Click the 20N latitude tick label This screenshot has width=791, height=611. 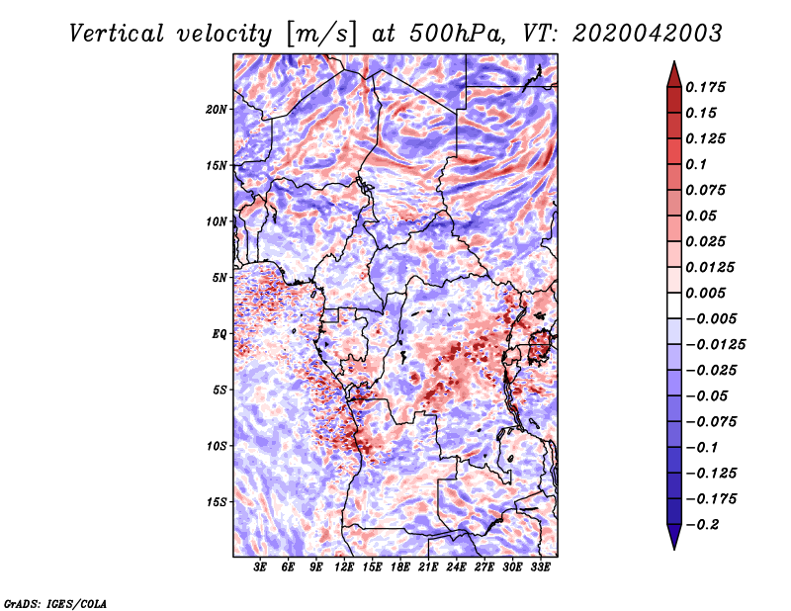pyautogui.click(x=216, y=110)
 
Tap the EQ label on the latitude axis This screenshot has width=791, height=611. pyautogui.click(x=220, y=334)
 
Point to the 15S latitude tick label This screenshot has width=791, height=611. pyautogui.click(x=216, y=502)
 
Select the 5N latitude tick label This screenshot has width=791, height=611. pyautogui.click(x=220, y=278)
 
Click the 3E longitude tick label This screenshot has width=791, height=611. pyautogui.click(x=260, y=567)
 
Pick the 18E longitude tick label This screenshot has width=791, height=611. pyautogui.click(x=400, y=567)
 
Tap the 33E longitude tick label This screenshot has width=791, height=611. pyautogui.click(x=540, y=567)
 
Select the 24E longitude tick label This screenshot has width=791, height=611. pyautogui.click(x=456, y=567)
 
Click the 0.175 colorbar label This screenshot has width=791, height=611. pyautogui.click(x=705, y=87)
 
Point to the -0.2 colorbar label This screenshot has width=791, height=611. pyautogui.click(x=702, y=525)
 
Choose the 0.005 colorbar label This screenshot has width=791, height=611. pyautogui.click(x=705, y=293)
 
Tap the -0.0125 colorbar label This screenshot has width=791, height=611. pyautogui.click(x=715, y=345)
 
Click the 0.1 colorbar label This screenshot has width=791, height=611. pyautogui.click(x=696, y=164)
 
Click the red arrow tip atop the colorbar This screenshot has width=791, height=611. pyautogui.click(x=674, y=61)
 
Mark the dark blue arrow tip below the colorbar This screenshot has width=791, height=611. pyautogui.click(x=674, y=549)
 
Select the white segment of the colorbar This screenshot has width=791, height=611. pyautogui.click(x=674, y=305)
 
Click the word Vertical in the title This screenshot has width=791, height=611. pyautogui.click(x=117, y=34)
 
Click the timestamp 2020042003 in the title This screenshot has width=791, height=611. pyautogui.click(x=648, y=34)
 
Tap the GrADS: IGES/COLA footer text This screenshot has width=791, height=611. pyautogui.click(x=55, y=603)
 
